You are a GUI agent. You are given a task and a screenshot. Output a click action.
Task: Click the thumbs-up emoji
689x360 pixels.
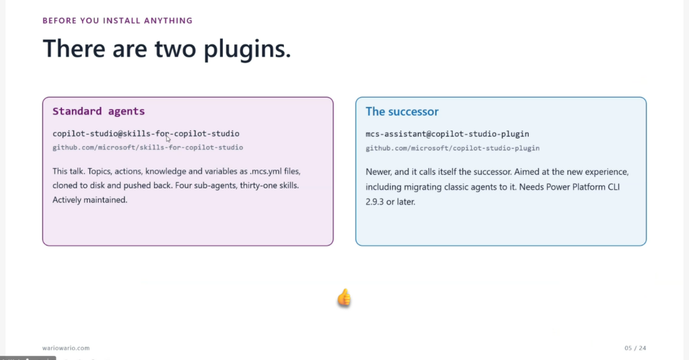pyautogui.click(x=344, y=298)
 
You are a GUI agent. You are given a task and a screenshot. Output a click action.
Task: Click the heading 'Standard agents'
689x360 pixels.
pyautogui.click(x=98, y=111)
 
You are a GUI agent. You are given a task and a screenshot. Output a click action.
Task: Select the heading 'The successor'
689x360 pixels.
pyautogui.click(x=402, y=112)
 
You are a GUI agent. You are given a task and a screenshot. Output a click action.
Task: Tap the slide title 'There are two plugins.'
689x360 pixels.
pyautogui.click(x=167, y=48)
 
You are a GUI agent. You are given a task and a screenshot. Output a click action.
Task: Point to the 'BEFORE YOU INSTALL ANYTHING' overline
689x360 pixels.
pyautogui.click(x=117, y=21)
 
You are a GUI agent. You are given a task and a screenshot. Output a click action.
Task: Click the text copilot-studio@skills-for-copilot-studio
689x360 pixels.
pyautogui.click(x=146, y=134)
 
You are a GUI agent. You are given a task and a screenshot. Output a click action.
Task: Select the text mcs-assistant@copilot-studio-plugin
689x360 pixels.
pyautogui.click(x=447, y=134)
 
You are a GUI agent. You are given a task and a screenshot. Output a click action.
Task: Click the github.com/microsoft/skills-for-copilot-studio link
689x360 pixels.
pyautogui.click(x=147, y=147)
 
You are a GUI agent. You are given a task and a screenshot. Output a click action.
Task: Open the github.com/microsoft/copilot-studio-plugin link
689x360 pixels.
pyautogui.click(x=453, y=148)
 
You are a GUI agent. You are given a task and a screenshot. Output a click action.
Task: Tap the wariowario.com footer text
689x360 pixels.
pyautogui.click(x=66, y=348)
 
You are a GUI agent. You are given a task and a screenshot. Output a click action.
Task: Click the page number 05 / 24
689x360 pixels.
pyautogui.click(x=635, y=348)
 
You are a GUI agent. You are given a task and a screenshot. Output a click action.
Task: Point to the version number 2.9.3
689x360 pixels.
pyautogui.click(x=375, y=202)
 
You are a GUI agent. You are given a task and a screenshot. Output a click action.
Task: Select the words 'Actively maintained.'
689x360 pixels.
pyautogui.click(x=89, y=200)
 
